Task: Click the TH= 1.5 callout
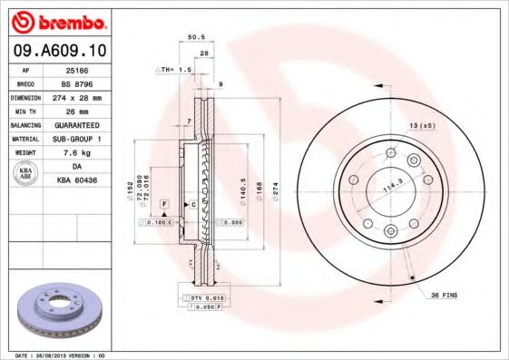point(174,69)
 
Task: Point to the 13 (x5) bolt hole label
point(420,124)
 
